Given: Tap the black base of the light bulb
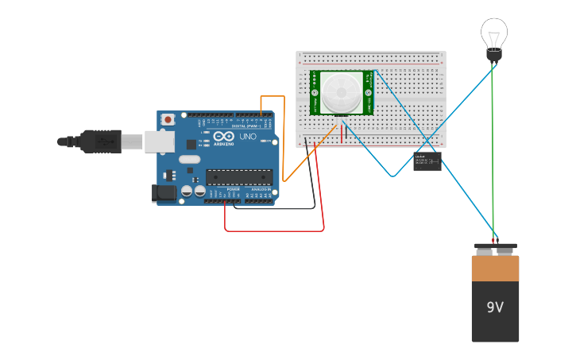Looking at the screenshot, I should (493, 56).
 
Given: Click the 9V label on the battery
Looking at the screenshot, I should (495, 307).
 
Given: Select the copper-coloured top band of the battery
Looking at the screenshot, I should (495, 268).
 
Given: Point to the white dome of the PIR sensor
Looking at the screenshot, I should (341, 92).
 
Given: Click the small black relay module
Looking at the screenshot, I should (427, 162).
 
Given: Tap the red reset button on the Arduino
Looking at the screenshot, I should (168, 120).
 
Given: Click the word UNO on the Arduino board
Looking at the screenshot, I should (247, 137).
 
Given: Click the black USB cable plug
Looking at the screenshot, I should (99, 141).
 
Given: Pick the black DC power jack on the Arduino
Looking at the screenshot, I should (164, 192).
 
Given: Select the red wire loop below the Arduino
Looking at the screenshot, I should (274, 230).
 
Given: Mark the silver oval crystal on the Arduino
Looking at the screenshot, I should (189, 159).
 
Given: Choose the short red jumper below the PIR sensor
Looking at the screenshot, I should (342, 133).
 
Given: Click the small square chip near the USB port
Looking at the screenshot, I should (191, 144).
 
